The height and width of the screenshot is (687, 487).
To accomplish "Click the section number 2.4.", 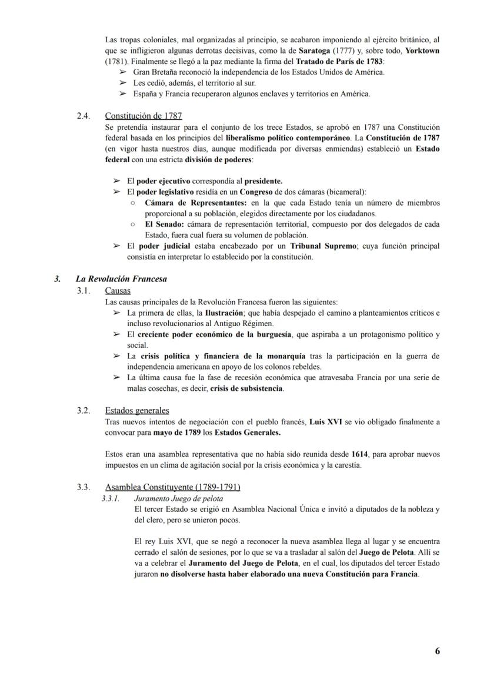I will click(x=84, y=116).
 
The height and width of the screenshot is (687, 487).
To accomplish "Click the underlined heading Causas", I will click(x=118, y=290).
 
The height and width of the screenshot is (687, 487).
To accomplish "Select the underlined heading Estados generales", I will click(x=137, y=410).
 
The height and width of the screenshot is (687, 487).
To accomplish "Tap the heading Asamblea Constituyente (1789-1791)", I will click(x=172, y=487).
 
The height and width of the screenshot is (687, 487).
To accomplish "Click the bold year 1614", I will click(x=360, y=454).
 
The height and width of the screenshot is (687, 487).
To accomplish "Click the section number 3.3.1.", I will click(x=110, y=498).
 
